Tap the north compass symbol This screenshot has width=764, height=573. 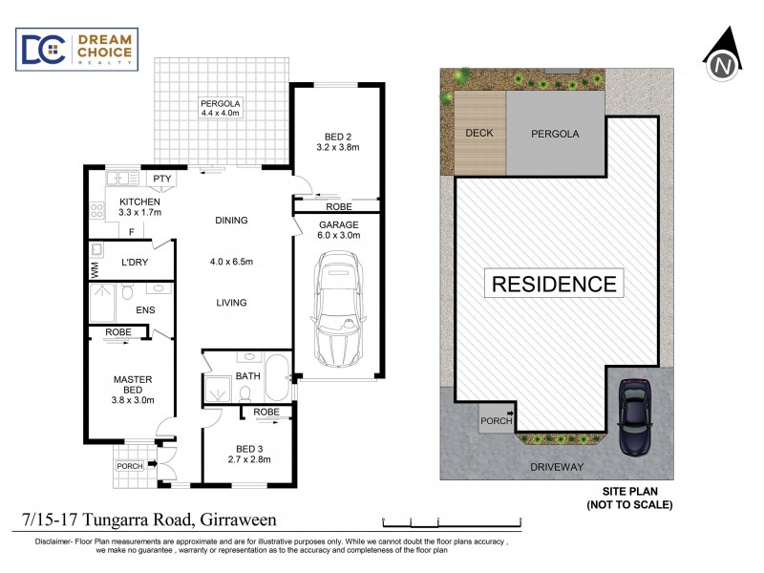[722, 58]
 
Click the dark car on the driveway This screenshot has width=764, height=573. [634, 416]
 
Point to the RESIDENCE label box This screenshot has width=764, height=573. [554, 284]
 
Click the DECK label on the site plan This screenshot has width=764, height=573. [478, 133]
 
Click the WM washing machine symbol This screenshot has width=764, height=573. [95, 271]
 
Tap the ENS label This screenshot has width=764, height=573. [145, 309]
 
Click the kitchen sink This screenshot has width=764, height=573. [119, 178]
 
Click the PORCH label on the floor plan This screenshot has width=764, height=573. [129, 466]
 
